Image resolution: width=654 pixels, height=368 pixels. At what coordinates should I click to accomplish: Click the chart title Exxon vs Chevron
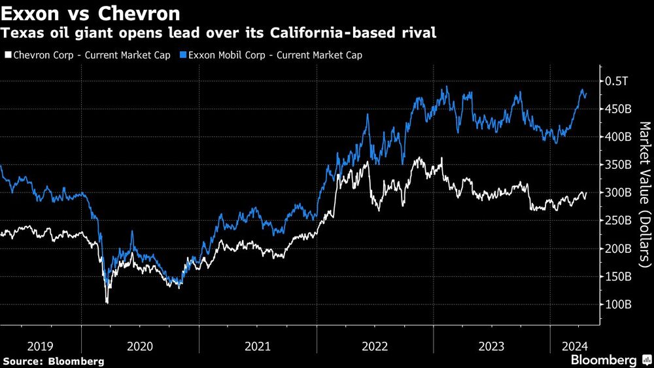click(x=92, y=12)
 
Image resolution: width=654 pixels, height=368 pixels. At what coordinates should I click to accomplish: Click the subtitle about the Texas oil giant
click(x=219, y=33)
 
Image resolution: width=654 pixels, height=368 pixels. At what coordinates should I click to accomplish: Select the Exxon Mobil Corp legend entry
click(x=271, y=55)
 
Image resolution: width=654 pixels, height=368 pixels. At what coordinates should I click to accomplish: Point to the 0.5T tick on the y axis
click(x=617, y=81)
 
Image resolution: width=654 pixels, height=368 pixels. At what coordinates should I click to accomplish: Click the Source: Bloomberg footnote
click(x=54, y=361)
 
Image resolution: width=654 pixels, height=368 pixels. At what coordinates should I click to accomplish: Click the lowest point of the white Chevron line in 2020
click(x=107, y=303)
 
